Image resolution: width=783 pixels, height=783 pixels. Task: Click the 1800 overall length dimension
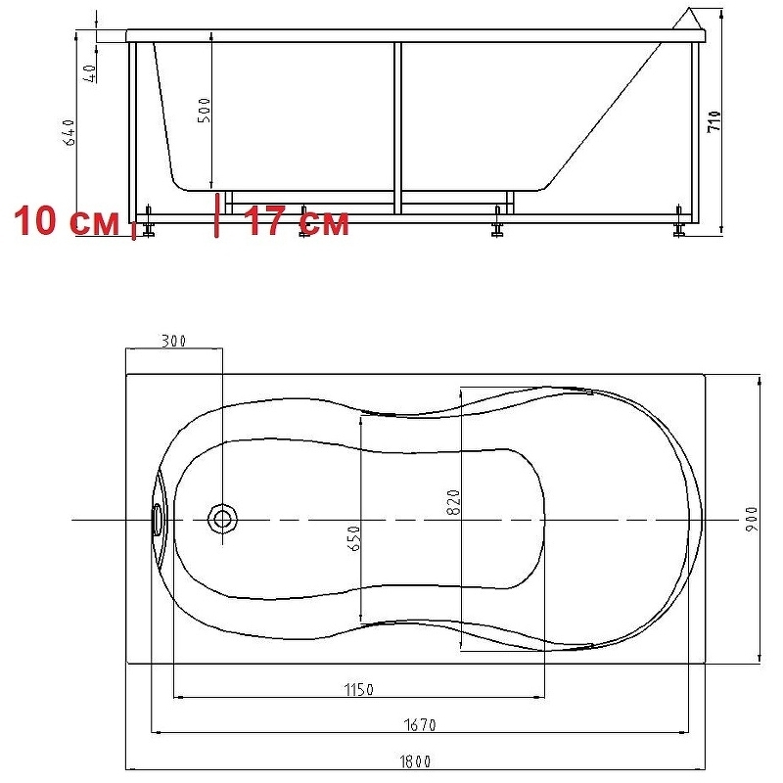415,761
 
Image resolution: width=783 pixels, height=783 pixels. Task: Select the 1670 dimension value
420,724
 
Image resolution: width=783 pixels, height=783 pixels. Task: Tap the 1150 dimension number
358,690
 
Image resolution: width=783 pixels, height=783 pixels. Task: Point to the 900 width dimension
752,519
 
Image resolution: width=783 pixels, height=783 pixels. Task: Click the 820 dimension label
453,502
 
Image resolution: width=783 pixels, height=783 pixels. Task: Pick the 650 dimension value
353,537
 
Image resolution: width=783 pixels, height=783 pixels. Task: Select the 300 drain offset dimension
173,341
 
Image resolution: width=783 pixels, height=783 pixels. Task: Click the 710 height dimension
714,121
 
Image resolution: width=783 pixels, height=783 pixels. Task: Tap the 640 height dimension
69,132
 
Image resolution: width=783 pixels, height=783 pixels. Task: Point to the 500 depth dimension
205,111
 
